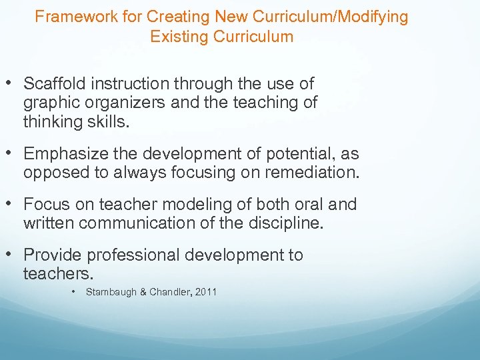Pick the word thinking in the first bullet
point(49,123)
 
